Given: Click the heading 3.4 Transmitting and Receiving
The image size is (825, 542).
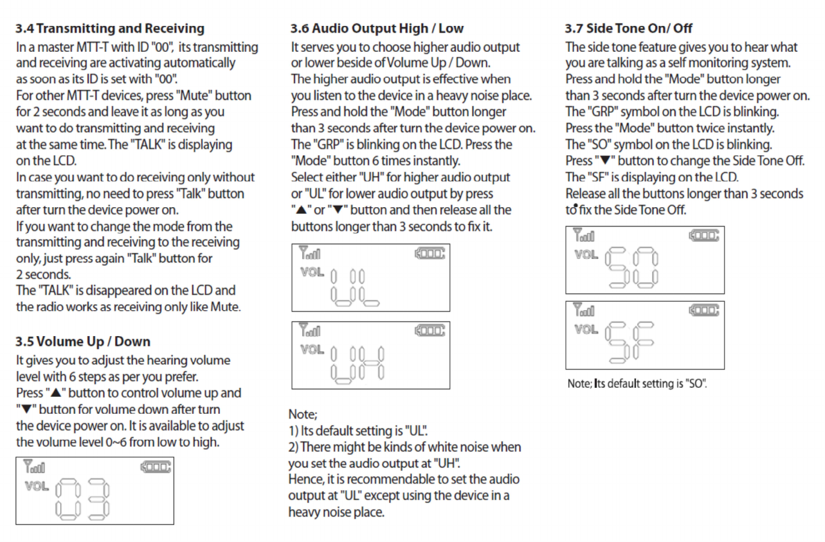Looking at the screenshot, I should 110,28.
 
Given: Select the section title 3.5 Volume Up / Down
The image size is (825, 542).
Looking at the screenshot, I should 82,341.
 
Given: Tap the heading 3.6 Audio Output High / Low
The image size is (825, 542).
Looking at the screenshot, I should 376,28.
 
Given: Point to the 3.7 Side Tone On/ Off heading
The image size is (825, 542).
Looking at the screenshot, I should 628,28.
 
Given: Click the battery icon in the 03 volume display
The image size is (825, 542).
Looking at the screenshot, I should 156,467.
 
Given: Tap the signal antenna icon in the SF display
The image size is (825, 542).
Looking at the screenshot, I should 584,311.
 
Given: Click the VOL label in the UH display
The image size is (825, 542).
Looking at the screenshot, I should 312,349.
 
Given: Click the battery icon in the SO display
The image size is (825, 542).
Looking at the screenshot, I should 704,235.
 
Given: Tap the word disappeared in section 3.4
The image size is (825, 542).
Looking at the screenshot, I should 113,290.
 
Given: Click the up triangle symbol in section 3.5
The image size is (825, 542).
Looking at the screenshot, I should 55,393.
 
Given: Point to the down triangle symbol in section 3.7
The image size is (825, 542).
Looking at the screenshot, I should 605,161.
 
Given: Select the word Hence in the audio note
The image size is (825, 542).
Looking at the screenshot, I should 305,479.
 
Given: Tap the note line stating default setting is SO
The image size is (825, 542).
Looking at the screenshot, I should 637,384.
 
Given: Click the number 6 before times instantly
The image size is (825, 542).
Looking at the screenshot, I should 375,161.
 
